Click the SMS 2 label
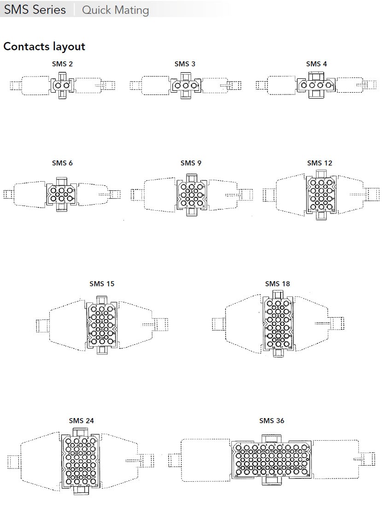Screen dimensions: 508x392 [62, 64]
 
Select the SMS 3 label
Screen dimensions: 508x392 [185, 64]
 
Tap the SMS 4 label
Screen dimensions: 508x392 [316, 64]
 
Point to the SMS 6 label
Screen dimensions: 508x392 [62, 163]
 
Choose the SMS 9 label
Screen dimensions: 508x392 [191, 163]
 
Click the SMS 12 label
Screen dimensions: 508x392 [319, 163]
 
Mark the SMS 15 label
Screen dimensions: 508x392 [102, 284]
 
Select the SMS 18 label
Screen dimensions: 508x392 [277, 284]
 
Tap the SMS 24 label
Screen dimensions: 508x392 [82, 421]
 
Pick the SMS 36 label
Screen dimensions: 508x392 [272, 421]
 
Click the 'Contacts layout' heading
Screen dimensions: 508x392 [44, 47]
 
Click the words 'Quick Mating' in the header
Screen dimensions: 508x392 [115, 10]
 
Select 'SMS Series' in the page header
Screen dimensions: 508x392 [35, 10]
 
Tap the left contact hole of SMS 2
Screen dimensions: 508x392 [58, 86]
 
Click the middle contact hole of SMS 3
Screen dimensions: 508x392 [186, 86]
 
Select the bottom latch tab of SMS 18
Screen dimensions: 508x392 [278, 353]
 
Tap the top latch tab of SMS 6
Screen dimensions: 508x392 [62, 181]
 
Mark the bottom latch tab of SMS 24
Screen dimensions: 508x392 [81, 491]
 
